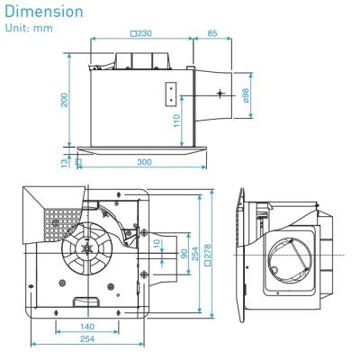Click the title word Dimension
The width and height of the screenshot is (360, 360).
point(44,12)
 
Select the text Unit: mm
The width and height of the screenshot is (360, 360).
point(28,28)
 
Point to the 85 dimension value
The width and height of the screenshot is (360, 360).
point(211,34)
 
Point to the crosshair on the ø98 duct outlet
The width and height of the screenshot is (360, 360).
point(220,93)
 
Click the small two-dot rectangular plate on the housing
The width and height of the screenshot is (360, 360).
point(168,93)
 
